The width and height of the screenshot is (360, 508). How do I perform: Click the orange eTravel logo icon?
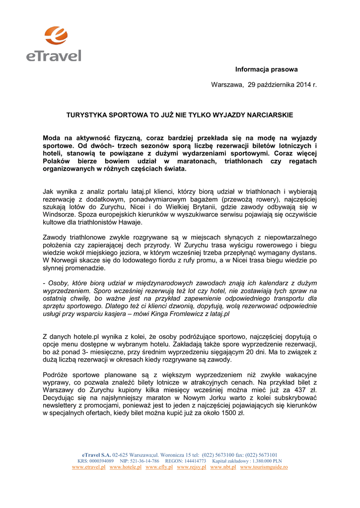[x=55, y=36]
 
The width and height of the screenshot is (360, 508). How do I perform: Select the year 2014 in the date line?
[x=303, y=85]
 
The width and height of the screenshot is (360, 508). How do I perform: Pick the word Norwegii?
[x=67, y=260]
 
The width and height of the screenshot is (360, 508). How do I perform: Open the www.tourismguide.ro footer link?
[x=264, y=467]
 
